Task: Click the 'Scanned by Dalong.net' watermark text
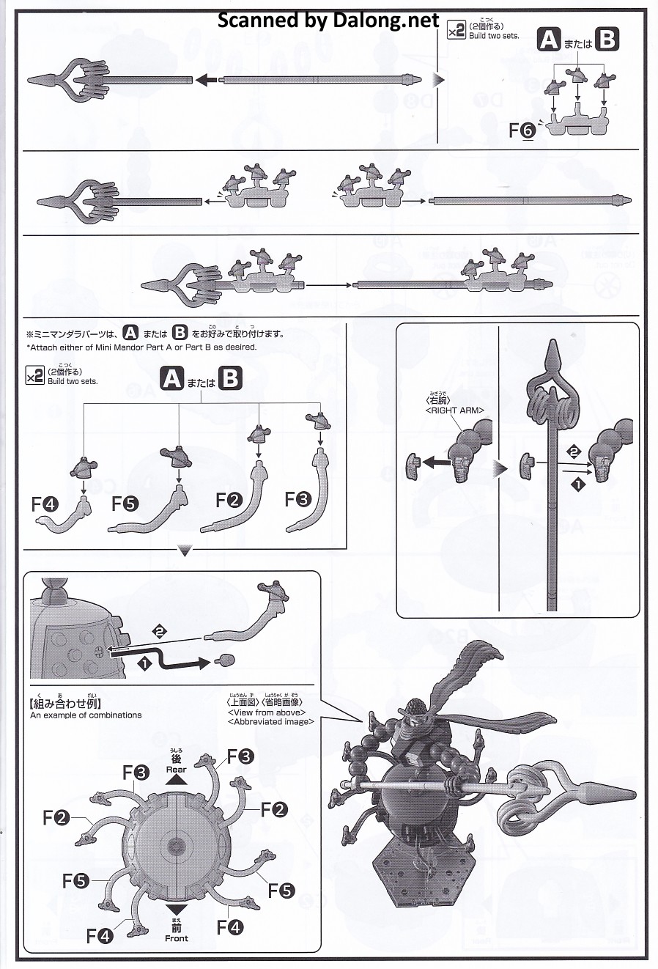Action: pos(328,20)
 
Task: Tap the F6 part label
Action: pos(522,130)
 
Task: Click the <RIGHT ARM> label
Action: pos(454,410)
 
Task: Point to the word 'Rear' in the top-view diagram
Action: pos(176,770)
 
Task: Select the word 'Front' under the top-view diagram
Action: pos(176,938)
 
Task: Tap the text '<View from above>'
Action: pos(267,712)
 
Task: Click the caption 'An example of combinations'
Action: pos(86,715)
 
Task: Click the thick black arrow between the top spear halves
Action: pos(206,80)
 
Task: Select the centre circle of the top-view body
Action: pos(176,846)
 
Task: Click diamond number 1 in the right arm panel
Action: pos(579,484)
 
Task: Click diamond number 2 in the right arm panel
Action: pos(574,452)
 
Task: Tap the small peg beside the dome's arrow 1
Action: pos(226,660)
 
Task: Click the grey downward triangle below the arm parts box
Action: pos(185,551)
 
